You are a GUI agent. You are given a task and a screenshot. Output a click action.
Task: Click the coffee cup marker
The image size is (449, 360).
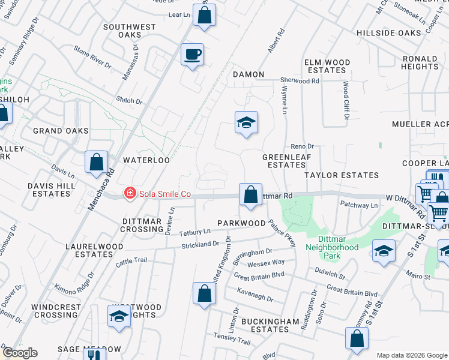click(193, 55)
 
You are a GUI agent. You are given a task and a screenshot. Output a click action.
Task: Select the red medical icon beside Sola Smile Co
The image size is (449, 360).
click(129, 193)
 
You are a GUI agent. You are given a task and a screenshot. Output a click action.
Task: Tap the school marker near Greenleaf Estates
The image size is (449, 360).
click(246, 123)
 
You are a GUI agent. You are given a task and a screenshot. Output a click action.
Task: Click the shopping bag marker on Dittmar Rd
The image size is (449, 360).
click(251, 195)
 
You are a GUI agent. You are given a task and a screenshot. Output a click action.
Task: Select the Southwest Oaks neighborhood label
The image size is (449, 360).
click(130, 31)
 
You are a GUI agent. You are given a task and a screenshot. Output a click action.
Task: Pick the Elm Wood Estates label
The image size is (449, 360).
click(327, 66)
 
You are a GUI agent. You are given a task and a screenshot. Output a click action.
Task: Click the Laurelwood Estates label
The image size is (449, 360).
click(99, 250)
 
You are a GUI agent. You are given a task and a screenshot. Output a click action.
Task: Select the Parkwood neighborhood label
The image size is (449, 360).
click(241, 223)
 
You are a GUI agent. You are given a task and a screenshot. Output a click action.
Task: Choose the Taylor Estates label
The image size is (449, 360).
click(342, 175)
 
